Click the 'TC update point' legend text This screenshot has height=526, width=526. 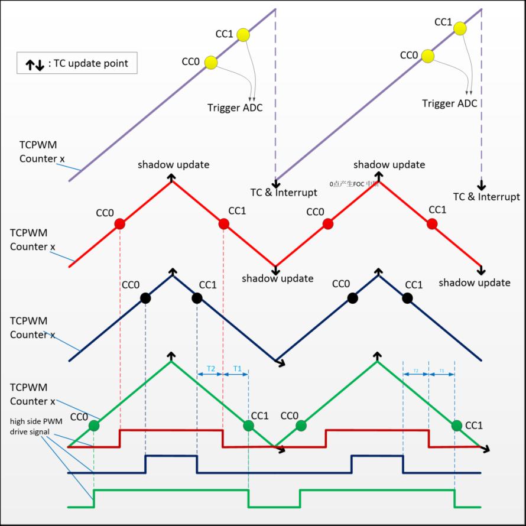pos(91,64)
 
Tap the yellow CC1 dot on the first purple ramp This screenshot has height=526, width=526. pos(243,35)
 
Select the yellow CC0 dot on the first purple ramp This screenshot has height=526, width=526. pos(211,63)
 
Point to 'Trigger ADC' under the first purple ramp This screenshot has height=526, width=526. pos(235,108)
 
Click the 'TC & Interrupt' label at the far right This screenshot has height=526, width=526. pos(486,196)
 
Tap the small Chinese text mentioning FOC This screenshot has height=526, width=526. pos(354,184)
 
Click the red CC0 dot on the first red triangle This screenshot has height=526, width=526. pos(120,224)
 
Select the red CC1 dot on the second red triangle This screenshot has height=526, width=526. pos(432,223)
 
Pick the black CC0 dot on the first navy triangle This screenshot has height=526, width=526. pos(145,298)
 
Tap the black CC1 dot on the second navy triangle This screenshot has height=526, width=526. pos(407,298)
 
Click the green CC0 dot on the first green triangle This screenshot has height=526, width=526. pos(94,425)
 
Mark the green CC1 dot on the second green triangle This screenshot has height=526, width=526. pos(456,425)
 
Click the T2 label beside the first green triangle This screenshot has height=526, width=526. pos(210,368)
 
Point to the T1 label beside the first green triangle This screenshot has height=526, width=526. pos(238,368)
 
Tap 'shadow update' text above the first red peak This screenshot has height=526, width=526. pos(173,164)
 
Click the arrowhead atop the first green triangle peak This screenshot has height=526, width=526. pos(172,356)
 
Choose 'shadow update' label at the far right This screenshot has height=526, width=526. pos(475,283)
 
